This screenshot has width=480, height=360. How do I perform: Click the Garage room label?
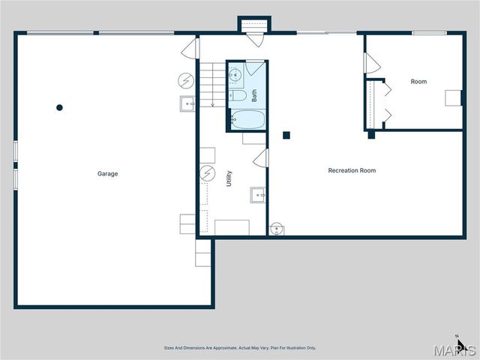tap(107, 174)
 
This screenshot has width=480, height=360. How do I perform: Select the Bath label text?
tap(255, 96)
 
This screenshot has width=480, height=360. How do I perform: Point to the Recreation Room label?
tap(352, 170)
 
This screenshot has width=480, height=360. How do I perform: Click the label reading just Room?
tap(418, 81)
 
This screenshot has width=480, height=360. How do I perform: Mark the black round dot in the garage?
tap(60, 107)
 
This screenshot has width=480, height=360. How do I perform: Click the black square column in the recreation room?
tap(286, 136)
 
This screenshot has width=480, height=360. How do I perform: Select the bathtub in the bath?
tap(247, 119)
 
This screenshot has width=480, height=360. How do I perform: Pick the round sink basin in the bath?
tap(234, 74)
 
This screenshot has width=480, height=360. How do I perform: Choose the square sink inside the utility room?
tap(258, 195)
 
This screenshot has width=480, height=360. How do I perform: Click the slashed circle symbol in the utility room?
tap(208, 175)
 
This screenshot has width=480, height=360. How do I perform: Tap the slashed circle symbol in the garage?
tap(185, 79)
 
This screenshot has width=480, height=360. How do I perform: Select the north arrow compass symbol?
tap(462, 346)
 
